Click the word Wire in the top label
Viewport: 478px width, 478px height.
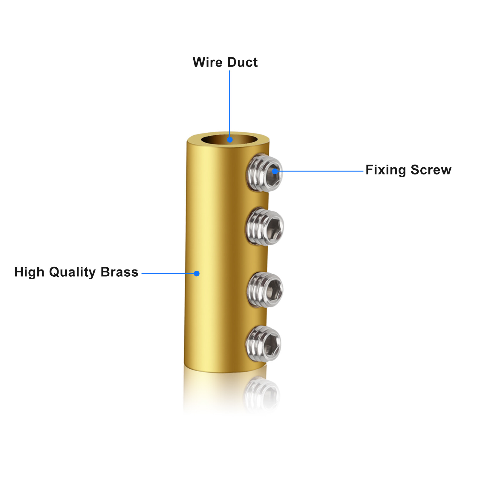pos(206,62)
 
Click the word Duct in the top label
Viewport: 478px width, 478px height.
pos(242,62)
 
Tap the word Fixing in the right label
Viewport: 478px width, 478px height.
pos(386,170)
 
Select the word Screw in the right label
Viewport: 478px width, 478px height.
pos(431,170)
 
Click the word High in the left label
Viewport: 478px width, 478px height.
pos(29,272)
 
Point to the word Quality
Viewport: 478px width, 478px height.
pos(72,272)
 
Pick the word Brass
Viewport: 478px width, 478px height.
pos(119,272)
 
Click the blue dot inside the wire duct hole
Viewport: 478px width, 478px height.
pos(230,140)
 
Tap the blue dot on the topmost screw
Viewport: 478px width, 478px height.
pos(275,171)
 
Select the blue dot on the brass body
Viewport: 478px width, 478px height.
pos(197,273)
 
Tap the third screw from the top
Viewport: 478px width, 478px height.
pos(265,289)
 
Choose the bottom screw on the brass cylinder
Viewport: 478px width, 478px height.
pos(263,344)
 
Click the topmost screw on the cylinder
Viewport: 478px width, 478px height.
pos(265,173)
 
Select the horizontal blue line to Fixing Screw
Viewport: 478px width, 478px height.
pos(320,171)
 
